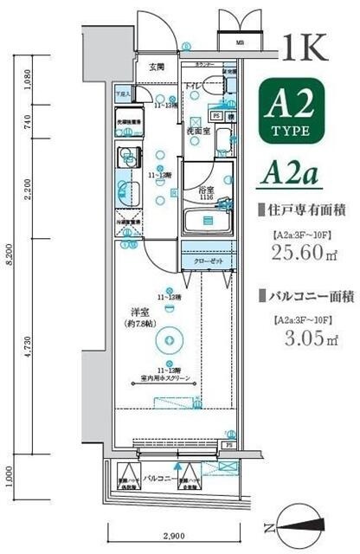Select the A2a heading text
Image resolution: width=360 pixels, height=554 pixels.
(289, 174)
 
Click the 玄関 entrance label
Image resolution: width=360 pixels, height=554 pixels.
(156, 67)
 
